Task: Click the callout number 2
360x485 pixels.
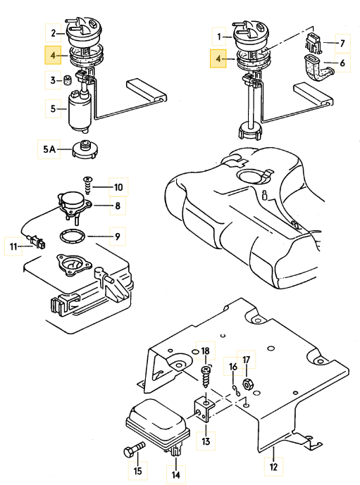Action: (x=54, y=33)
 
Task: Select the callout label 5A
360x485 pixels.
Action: (x=49, y=149)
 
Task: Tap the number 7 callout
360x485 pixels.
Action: (x=342, y=43)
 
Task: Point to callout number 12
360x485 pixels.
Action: (x=273, y=466)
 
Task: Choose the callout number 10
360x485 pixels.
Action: (x=118, y=187)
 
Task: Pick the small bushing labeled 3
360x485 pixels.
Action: (x=68, y=80)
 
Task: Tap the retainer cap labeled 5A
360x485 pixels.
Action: (x=85, y=149)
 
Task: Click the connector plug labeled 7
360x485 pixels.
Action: (x=313, y=43)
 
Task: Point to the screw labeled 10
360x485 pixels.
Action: (x=87, y=186)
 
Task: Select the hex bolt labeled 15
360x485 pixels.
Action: (x=134, y=450)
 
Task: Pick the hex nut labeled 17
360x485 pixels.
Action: (x=247, y=385)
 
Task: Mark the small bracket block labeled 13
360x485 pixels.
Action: (x=204, y=410)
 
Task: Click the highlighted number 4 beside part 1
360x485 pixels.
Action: (x=218, y=58)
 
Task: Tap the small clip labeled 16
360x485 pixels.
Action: (x=237, y=391)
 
